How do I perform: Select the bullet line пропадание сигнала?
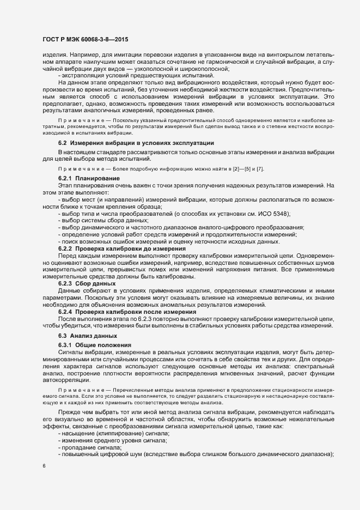tap(90, 447)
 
